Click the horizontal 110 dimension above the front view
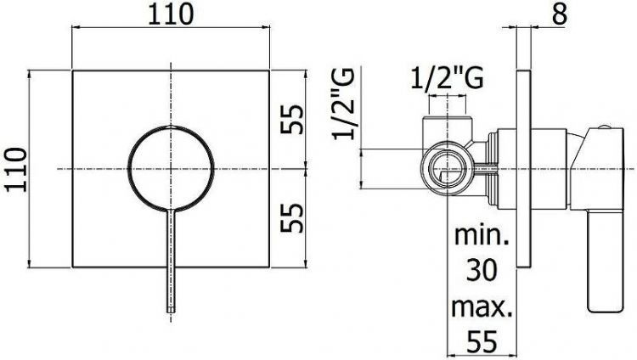point(170,14)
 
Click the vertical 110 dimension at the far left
point(16,170)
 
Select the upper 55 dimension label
point(291,119)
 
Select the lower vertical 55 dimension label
point(291,218)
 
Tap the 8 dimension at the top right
point(559,14)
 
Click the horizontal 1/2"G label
point(447,78)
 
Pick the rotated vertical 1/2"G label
point(344,104)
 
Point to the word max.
point(482,307)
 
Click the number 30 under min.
point(482,270)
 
